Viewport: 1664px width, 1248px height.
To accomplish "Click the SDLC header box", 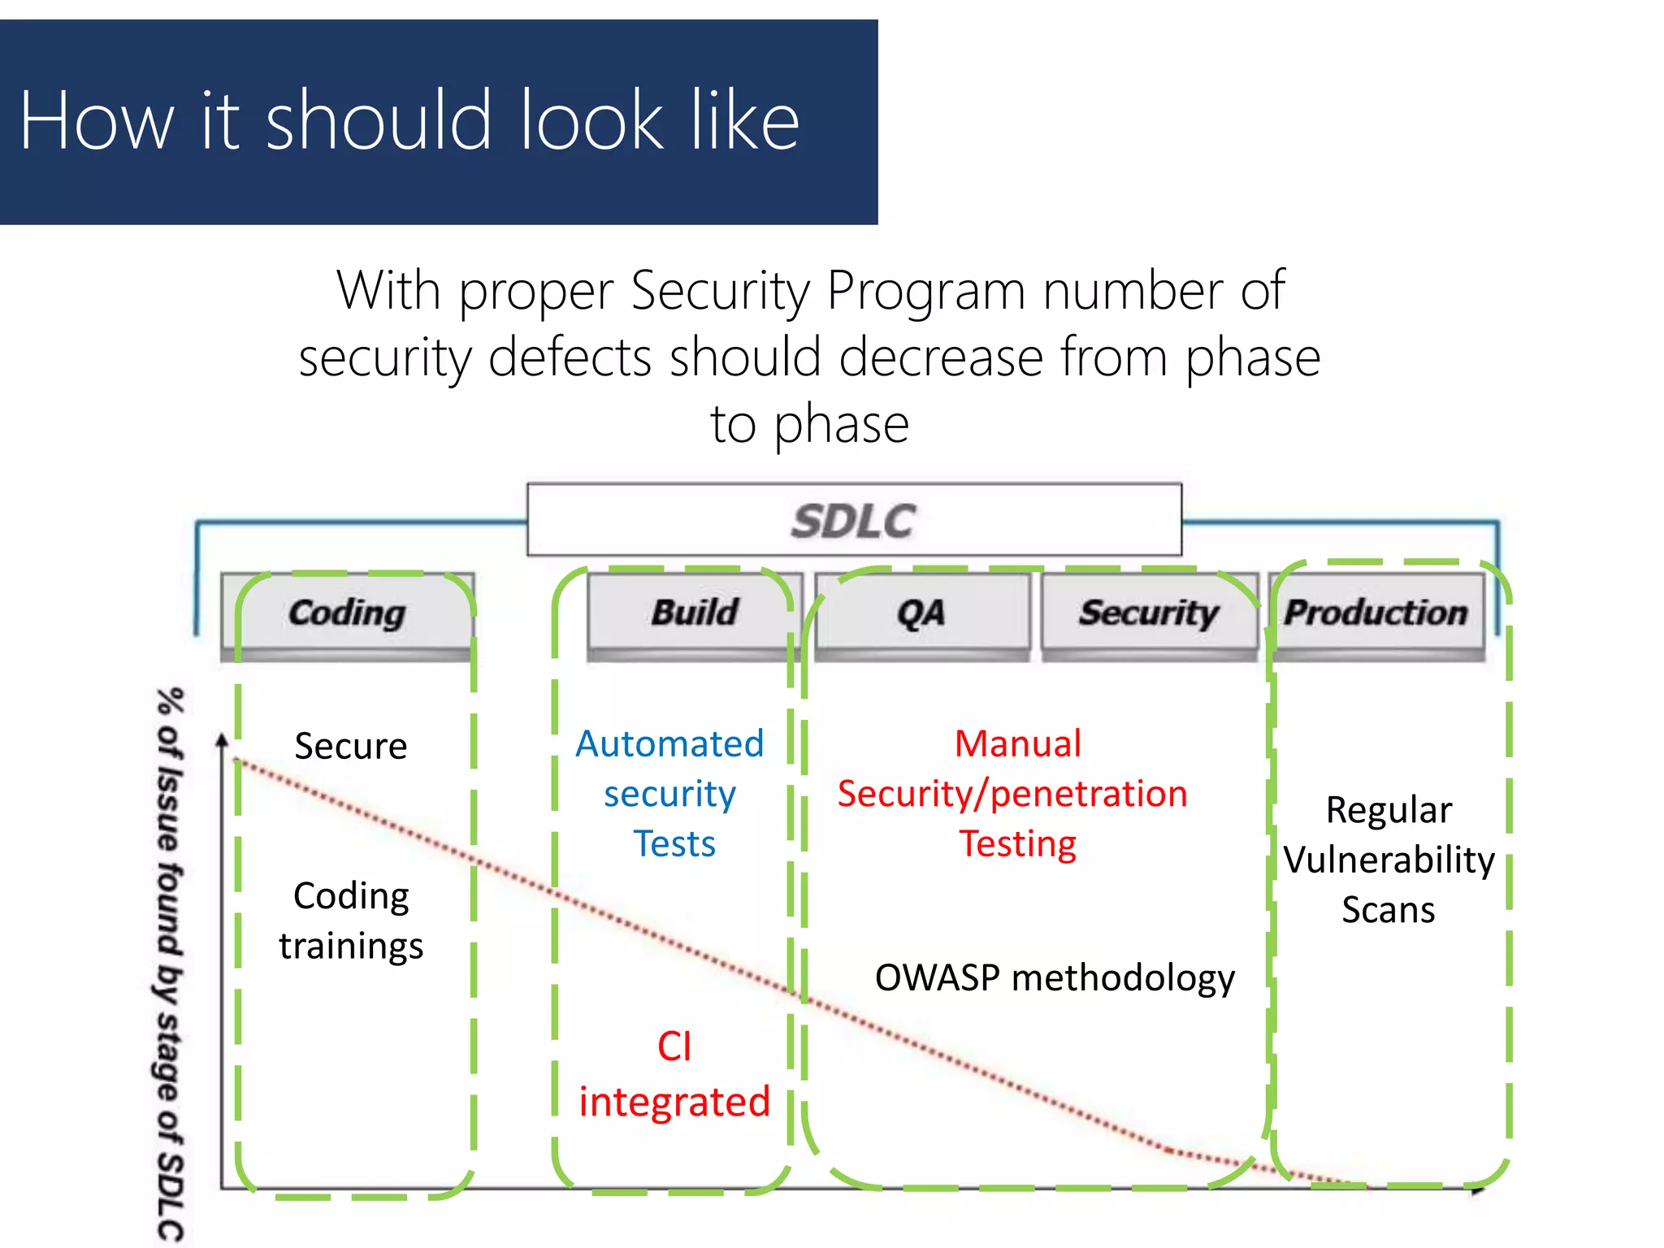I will click(854, 520).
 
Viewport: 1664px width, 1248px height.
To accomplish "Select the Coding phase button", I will click(347, 613).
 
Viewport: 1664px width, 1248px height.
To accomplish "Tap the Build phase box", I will click(695, 613).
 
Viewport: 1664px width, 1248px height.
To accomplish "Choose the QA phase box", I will click(921, 613).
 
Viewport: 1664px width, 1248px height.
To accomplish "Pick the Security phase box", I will click(1148, 613).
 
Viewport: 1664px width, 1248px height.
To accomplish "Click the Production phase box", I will click(1376, 613).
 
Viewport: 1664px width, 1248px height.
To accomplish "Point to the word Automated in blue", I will click(669, 743).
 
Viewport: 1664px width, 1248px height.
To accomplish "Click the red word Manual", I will click(1017, 743).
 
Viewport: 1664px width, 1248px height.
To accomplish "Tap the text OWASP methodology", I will click(1054, 977).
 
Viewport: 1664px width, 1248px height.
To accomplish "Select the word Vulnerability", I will click(1389, 860).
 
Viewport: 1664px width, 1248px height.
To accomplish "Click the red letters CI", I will click(674, 1046).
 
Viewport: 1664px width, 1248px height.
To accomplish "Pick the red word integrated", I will click(674, 1102).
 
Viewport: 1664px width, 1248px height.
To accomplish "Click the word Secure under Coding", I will click(350, 746).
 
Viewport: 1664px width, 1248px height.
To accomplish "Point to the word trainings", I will click(351, 946).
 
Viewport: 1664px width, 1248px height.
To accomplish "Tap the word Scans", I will click(1388, 909).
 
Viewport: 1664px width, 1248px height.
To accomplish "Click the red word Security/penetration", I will click(1012, 794).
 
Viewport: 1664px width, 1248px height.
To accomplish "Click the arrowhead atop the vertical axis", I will click(221, 739).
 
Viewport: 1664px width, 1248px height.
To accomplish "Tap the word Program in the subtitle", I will click(925, 290).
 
